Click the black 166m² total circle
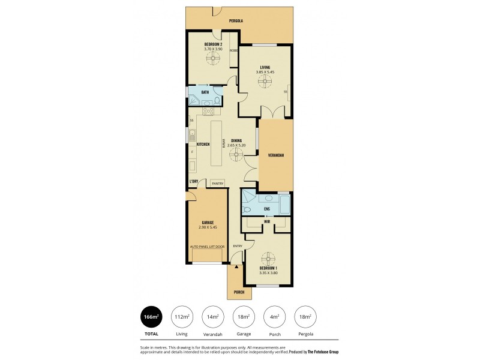(151, 317)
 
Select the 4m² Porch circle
(274, 317)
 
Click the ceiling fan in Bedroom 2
(213, 58)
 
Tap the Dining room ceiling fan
(236, 155)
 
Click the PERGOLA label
(236, 21)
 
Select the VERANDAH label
(276, 155)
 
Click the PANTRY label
(217, 184)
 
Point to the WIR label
(266, 221)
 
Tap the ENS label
(266, 209)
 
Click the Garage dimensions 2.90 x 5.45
(207, 227)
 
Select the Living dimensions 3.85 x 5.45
(265, 72)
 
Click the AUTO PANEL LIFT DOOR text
(207, 247)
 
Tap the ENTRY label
(238, 246)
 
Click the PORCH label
(239, 293)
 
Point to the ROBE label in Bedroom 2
(233, 50)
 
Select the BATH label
(205, 92)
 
